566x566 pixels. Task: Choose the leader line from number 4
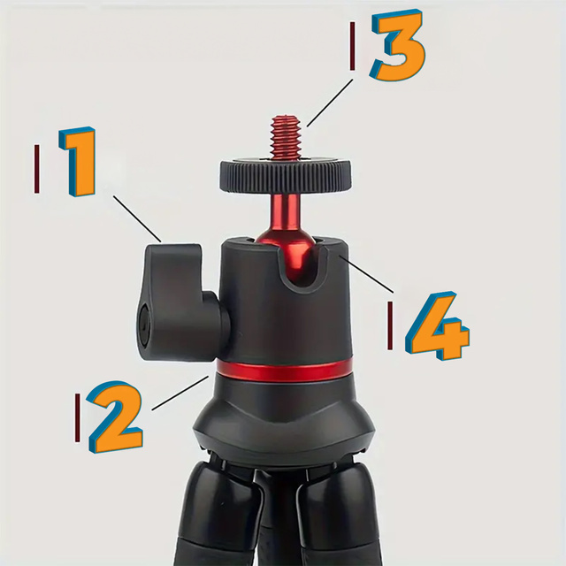367,275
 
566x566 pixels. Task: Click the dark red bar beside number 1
37,168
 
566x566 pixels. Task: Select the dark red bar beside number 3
353,46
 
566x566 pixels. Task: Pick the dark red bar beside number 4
390,325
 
